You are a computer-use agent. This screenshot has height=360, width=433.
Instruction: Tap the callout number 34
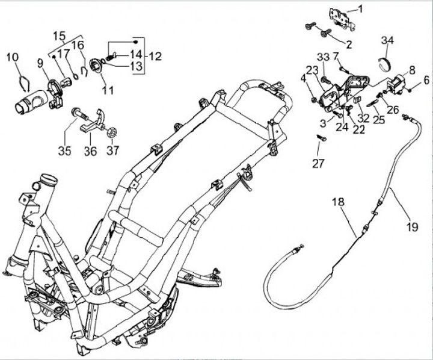[x=387, y=41]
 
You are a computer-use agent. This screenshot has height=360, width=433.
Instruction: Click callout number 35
[x=64, y=151]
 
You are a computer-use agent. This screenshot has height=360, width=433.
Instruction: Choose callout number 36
[x=89, y=151]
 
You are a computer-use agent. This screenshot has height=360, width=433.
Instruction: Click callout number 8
[x=412, y=69]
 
